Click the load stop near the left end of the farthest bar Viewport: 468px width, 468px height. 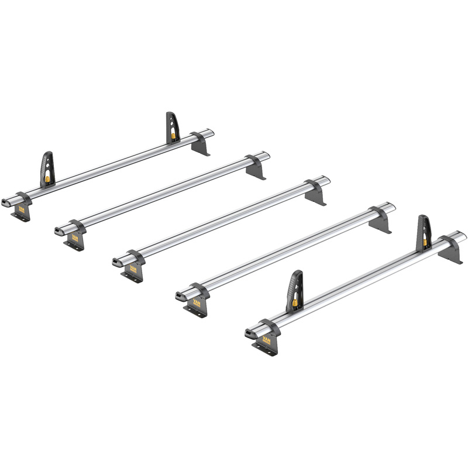coord(47,169)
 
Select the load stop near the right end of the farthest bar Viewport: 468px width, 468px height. coord(173,127)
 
